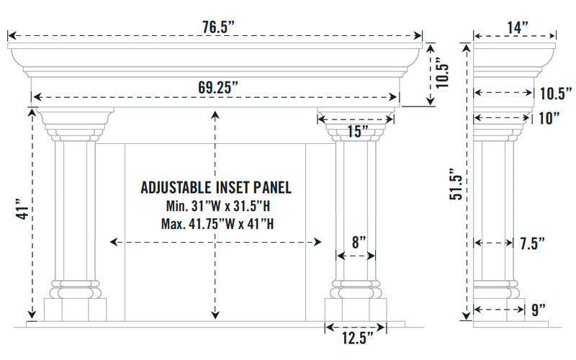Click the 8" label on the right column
[358, 243]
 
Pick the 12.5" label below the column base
[357, 338]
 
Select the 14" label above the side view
[517, 27]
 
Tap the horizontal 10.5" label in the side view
[554, 93]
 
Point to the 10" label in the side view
[549, 119]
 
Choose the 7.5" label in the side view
[531, 243]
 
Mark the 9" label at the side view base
[537, 310]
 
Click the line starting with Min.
[215, 207]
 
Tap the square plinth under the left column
[75, 310]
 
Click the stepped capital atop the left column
[75, 123]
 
